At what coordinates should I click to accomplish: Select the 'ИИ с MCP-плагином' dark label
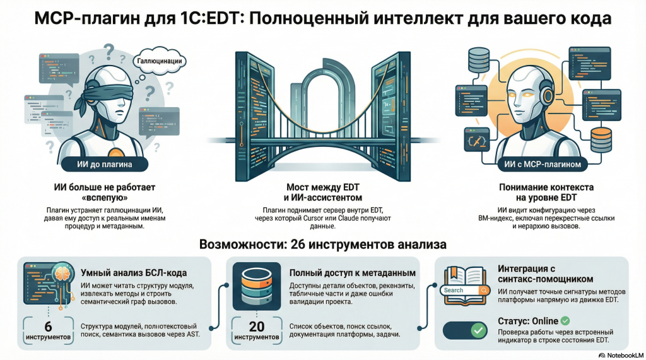[x=542, y=166]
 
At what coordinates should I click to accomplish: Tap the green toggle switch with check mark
[x=467, y=330]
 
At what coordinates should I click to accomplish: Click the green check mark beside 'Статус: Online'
[x=565, y=320]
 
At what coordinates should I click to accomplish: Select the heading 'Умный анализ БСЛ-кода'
[x=132, y=273]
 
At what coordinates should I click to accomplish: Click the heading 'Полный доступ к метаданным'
[x=352, y=273]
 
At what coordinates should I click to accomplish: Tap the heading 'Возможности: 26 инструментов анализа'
[x=322, y=244]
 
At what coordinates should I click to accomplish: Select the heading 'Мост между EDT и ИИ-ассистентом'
[x=324, y=192]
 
